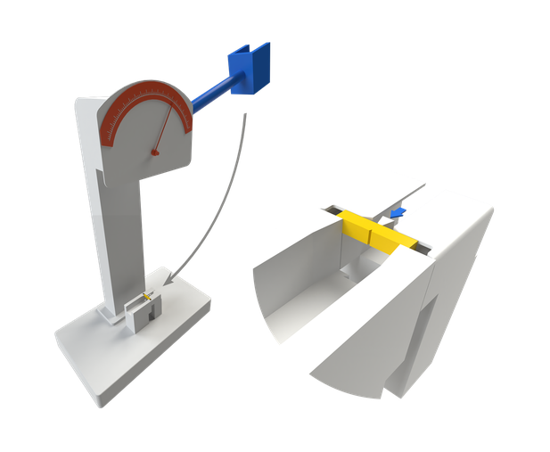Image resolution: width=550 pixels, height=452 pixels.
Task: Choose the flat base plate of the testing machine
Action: (x=98, y=357)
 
